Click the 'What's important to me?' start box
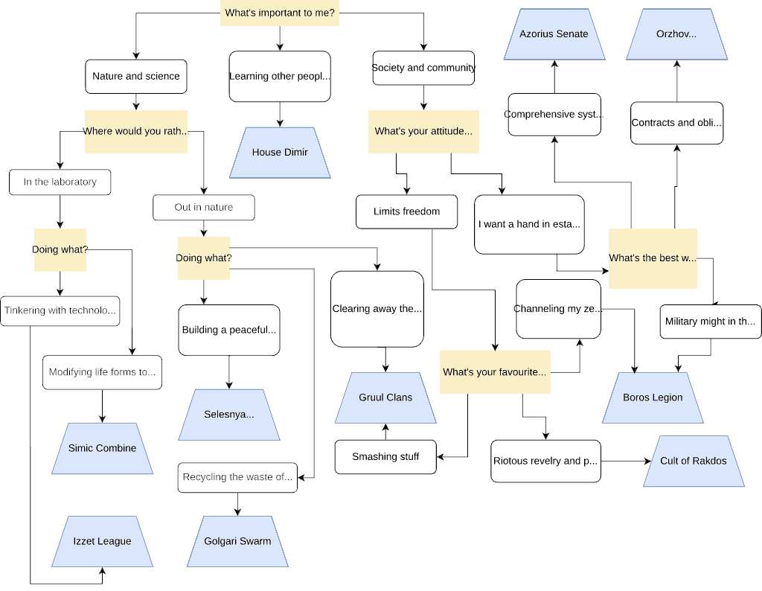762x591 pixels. [x=280, y=13]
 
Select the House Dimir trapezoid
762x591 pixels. [x=280, y=153]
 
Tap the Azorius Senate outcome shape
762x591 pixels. [x=554, y=34]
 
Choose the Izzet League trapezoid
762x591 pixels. [x=102, y=541]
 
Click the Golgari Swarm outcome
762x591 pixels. [x=237, y=541]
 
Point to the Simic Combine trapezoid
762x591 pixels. [x=102, y=448]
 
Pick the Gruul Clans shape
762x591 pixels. [x=385, y=397]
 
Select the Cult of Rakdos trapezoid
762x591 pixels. [x=694, y=461]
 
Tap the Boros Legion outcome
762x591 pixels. [x=653, y=397]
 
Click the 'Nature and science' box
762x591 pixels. [x=136, y=76]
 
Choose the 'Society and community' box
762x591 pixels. [x=423, y=68]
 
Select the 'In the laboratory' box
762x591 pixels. [x=60, y=182]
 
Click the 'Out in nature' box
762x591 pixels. [x=204, y=208]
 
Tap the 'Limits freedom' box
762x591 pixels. [x=406, y=211]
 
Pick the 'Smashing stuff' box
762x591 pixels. [x=385, y=456]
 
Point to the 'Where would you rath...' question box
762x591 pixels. [x=135, y=132]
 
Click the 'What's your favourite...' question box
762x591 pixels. [x=495, y=372]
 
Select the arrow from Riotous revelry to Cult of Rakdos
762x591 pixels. [x=625, y=461]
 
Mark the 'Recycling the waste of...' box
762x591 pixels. [x=237, y=477]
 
